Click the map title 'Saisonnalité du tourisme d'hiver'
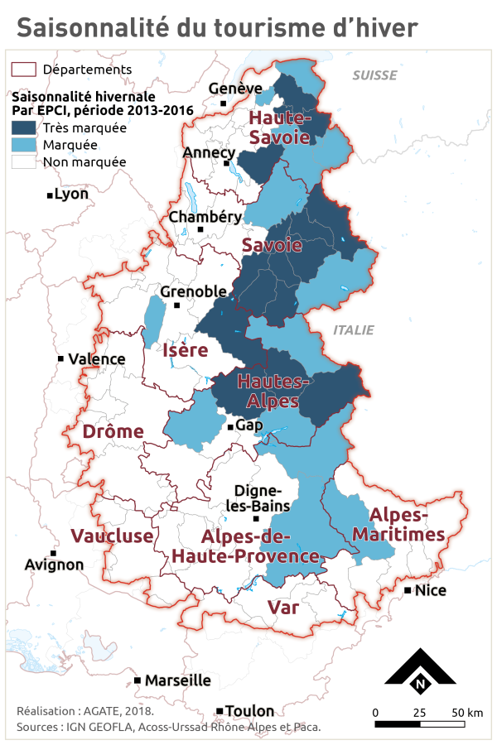click(x=217, y=26)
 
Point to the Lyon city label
click(x=70, y=195)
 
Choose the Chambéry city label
click(x=205, y=217)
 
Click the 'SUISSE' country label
click(x=374, y=75)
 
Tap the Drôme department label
click(x=113, y=431)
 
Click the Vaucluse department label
click(x=112, y=536)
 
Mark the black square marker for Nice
click(x=408, y=590)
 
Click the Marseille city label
click(x=177, y=680)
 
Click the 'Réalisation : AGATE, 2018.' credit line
click(x=85, y=711)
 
